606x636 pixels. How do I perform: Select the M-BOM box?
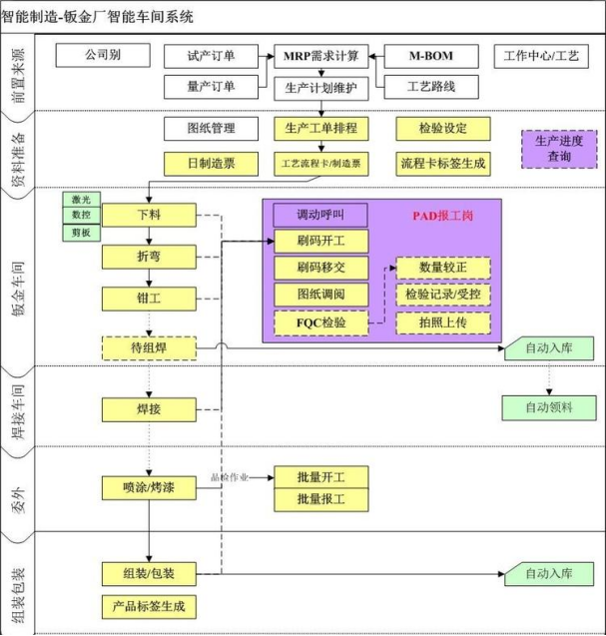(431, 56)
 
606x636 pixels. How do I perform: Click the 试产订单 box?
(211, 56)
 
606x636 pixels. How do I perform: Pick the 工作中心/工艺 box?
(540, 56)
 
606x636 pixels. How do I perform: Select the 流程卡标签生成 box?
(443, 161)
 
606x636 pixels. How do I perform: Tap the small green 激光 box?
(80, 200)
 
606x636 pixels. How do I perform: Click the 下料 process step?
(147, 214)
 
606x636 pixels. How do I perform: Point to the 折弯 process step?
(147, 257)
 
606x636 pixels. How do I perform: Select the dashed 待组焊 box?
(149, 347)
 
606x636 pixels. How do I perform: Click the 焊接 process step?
(148, 409)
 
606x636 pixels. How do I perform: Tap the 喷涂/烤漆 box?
(148, 487)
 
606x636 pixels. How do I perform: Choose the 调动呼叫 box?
(319, 215)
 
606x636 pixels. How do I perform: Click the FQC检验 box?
(319, 322)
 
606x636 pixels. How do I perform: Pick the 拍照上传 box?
(443, 322)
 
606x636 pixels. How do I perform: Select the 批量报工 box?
(319, 498)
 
